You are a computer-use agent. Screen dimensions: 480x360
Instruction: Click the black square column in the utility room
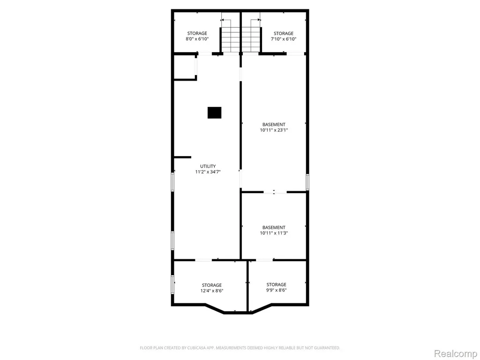click(214, 112)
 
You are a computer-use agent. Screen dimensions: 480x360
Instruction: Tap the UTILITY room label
click(208, 166)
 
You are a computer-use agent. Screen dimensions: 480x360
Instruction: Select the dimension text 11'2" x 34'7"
click(208, 172)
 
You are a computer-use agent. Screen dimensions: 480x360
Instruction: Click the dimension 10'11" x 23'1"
click(274, 130)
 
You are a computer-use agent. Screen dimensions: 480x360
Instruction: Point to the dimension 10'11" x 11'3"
click(274, 233)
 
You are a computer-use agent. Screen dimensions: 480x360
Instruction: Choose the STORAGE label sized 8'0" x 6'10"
click(197, 33)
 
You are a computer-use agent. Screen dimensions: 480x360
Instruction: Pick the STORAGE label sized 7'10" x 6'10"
click(284, 33)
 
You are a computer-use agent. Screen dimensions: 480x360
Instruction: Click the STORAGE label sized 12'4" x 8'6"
click(212, 285)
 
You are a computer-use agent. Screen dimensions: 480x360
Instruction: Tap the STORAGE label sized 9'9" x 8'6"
click(277, 285)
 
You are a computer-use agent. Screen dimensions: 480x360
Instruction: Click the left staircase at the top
click(230, 40)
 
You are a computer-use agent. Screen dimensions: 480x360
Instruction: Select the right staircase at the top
click(251, 40)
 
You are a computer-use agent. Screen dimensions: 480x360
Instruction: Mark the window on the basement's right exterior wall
click(307, 182)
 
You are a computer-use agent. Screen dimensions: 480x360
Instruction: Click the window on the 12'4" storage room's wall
click(172, 285)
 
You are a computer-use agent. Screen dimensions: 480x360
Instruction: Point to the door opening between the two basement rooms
click(275, 192)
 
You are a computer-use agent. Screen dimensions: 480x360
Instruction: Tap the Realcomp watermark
click(456, 353)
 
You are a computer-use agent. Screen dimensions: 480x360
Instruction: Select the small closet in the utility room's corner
click(185, 67)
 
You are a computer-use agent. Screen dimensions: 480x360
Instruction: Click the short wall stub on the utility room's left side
click(182, 157)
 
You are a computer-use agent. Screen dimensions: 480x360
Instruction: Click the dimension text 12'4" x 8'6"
click(212, 291)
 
